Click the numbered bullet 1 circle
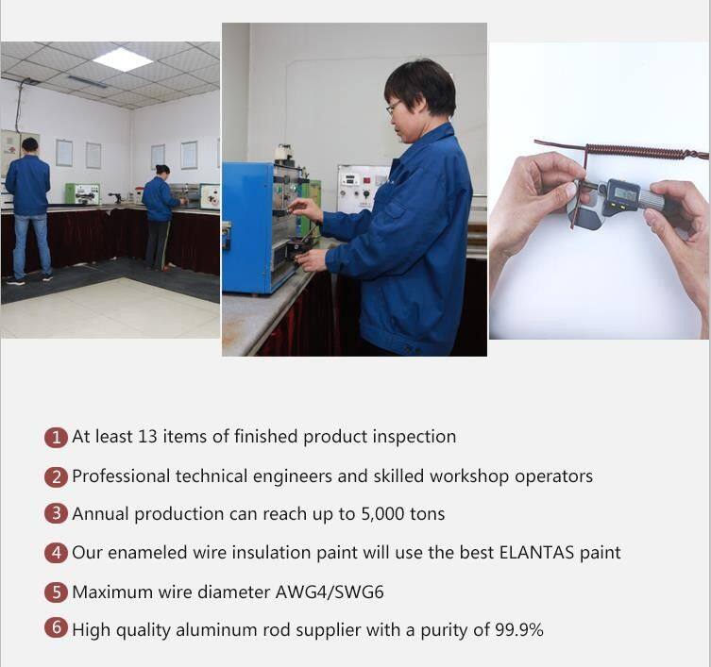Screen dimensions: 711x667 (x=56, y=437)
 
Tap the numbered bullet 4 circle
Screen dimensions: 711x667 (x=56, y=553)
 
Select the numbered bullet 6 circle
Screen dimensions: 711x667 (x=56, y=627)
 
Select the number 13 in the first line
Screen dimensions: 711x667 (x=147, y=437)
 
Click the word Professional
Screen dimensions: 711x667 (x=121, y=475)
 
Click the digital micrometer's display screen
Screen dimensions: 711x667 (x=625, y=194)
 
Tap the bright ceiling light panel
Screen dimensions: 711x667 (x=123, y=58)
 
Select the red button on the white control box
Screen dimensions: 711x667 (x=366, y=180)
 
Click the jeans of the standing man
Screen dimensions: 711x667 (x=32, y=244)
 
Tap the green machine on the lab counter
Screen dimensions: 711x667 (x=82, y=194)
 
